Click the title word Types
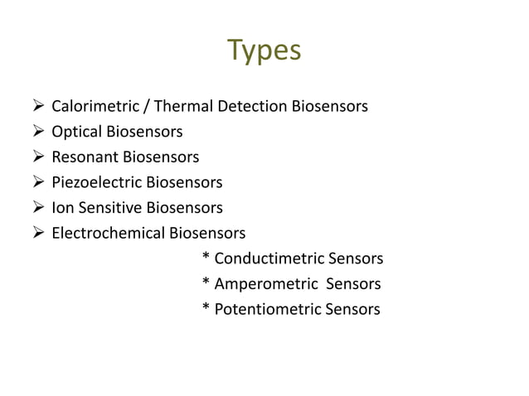(264, 51)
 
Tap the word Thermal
(183, 106)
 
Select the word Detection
(252, 106)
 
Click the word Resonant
(85, 157)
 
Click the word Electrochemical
(109, 233)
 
